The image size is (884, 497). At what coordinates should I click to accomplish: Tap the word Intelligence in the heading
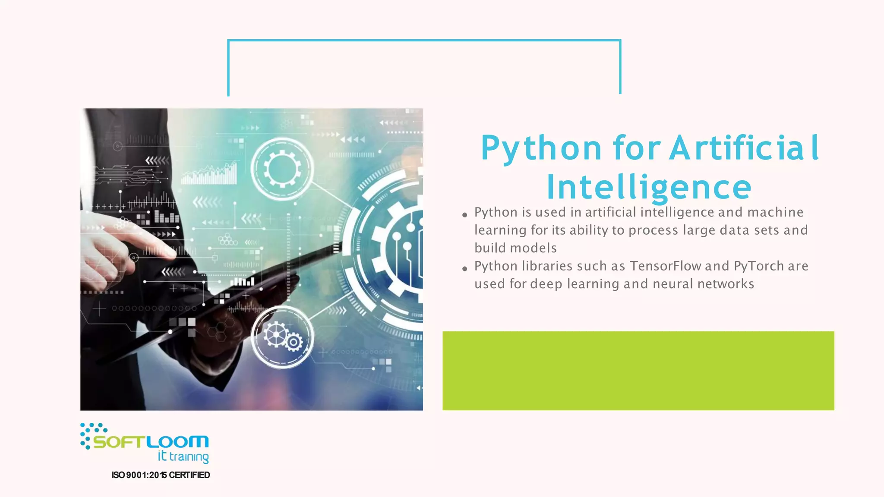tap(649, 188)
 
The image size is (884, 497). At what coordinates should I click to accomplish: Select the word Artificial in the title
tap(744, 148)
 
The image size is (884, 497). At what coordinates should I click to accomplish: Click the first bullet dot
tap(464, 215)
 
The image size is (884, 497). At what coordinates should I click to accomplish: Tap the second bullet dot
tap(464, 269)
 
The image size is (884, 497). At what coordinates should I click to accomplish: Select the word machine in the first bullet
tap(775, 212)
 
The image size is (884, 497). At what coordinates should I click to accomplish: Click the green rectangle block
tap(638, 371)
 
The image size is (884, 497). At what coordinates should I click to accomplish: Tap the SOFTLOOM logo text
tap(151, 442)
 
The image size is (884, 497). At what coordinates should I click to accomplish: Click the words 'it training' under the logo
tap(183, 456)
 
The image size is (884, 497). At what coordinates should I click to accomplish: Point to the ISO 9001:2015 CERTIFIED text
tap(161, 475)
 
